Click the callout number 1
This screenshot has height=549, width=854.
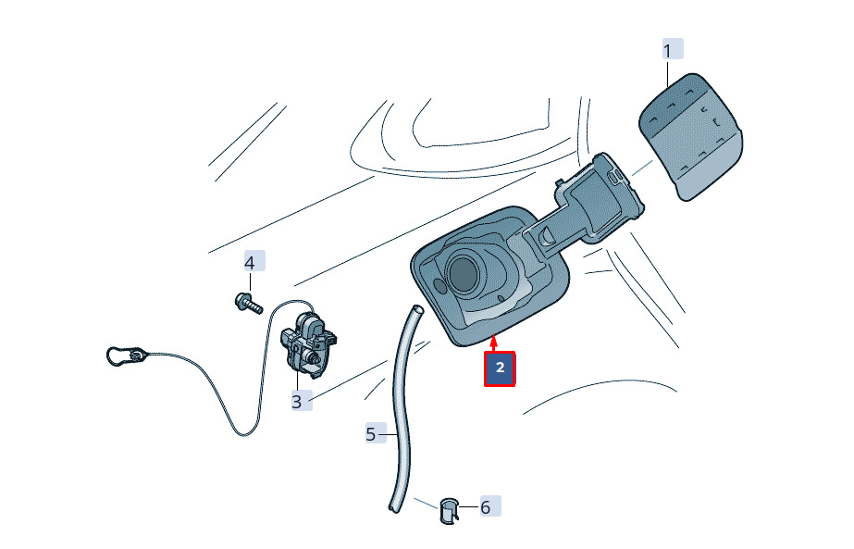(667, 51)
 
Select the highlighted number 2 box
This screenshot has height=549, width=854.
(500, 368)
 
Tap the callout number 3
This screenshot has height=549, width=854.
(296, 402)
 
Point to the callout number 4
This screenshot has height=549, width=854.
(250, 263)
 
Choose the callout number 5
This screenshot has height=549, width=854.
(371, 434)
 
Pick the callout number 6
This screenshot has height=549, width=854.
(485, 507)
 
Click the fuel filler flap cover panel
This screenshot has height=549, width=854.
(690, 137)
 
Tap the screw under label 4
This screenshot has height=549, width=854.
(249, 303)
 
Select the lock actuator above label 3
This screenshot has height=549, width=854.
(308, 343)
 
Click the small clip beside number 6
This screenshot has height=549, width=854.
(449, 511)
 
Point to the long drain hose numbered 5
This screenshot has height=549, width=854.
(404, 409)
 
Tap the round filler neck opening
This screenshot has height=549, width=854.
(463, 273)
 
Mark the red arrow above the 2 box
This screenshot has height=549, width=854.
(493, 344)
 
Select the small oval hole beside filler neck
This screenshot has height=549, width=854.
(439, 285)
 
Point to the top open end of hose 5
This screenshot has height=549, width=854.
(417, 309)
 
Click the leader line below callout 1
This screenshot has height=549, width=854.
(668, 75)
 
